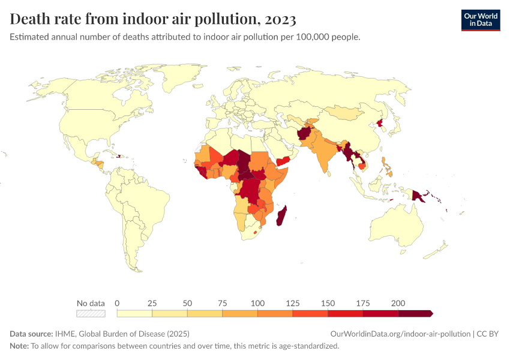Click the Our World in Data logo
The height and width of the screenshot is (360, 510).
pyautogui.click(x=480, y=19)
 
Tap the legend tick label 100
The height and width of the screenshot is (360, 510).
pyautogui.click(x=257, y=302)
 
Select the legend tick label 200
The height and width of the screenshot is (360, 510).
pyautogui.click(x=398, y=302)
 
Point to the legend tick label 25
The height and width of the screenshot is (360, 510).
pyautogui.click(x=152, y=302)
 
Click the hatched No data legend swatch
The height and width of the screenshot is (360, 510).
pyautogui.click(x=91, y=313)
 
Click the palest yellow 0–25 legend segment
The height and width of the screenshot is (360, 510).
pyautogui.click(x=135, y=313)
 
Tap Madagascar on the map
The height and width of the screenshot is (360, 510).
pyautogui.click(x=281, y=215)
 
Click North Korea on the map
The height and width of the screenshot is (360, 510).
pyautogui.click(x=380, y=123)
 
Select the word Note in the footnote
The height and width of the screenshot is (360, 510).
pyautogui.click(x=19, y=346)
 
